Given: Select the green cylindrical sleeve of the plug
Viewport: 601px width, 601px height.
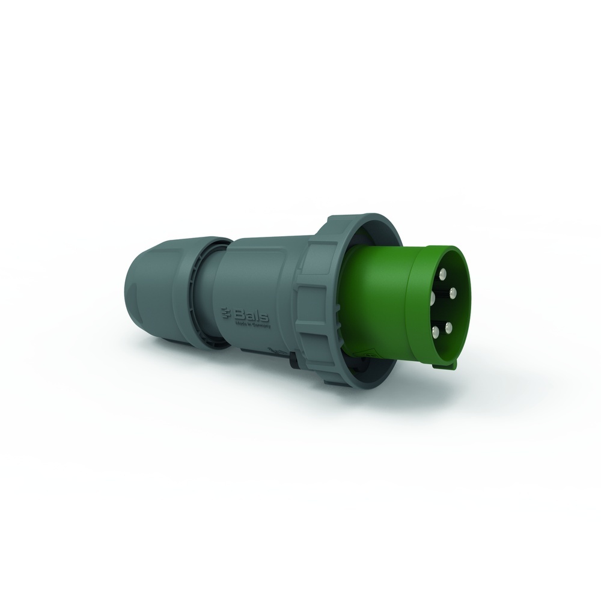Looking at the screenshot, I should coord(379,300).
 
